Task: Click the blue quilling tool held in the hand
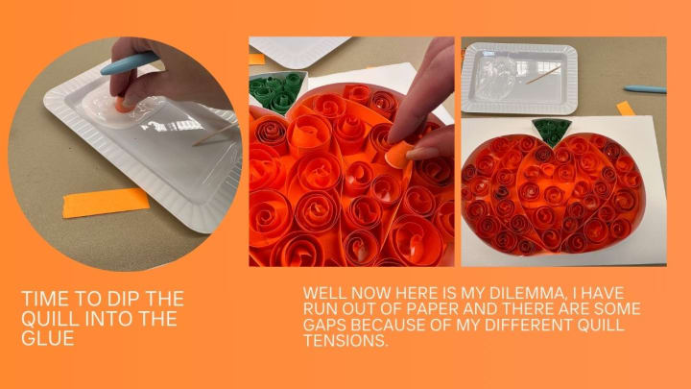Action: pos(129,63)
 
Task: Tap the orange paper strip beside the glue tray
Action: pos(106,203)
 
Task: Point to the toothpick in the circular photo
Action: pos(215,134)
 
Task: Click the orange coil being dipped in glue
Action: pos(122,105)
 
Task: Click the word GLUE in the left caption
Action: pos(48,338)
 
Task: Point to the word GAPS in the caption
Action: pos(324,325)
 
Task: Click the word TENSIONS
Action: pos(345,340)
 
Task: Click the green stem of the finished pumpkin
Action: pos(552,132)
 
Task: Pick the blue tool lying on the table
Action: pos(645,89)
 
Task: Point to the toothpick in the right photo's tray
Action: pos(543,76)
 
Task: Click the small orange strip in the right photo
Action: pos(626,109)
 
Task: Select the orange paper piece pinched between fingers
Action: pos(399,156)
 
